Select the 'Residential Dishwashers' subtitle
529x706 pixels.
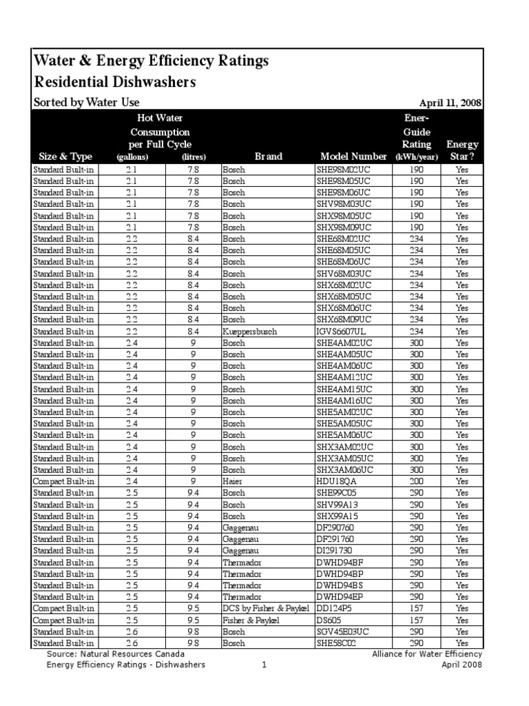click(115, 83)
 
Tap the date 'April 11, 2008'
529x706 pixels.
click(450, 103)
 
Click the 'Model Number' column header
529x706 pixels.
click(353, 157)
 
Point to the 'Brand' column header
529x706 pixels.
click(268, 157)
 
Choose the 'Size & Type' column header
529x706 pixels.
click(61, 157)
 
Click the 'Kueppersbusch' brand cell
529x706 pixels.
click(249, 332)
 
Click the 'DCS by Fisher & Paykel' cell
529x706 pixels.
click(267, 608)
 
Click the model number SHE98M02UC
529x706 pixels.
click(348, 169)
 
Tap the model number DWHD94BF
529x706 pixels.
click(341, 562)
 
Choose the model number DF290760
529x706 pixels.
click(339, 527)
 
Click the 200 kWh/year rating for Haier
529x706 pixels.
click(417, 481)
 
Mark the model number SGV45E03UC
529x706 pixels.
click(347, 632)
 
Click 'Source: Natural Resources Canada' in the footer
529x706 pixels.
click(115, 654)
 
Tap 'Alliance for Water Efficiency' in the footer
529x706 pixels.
click(427, 654)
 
